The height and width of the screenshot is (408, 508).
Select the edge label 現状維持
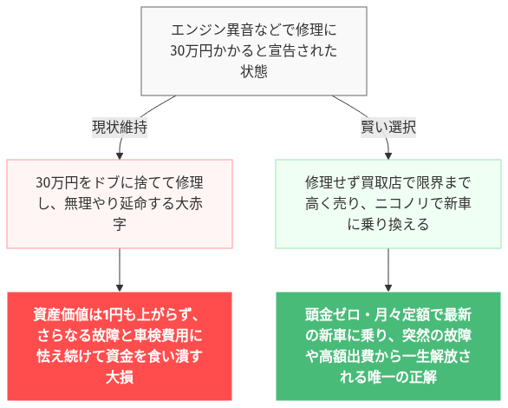[119, 127]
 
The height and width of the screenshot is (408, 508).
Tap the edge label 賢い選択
[388, 127]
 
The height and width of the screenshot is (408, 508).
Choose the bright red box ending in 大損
[119, 345]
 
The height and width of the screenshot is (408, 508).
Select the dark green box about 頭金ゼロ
[388, 345]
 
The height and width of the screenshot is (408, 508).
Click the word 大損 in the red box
[119, 378]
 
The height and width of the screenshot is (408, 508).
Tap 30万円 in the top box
[191, 50]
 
